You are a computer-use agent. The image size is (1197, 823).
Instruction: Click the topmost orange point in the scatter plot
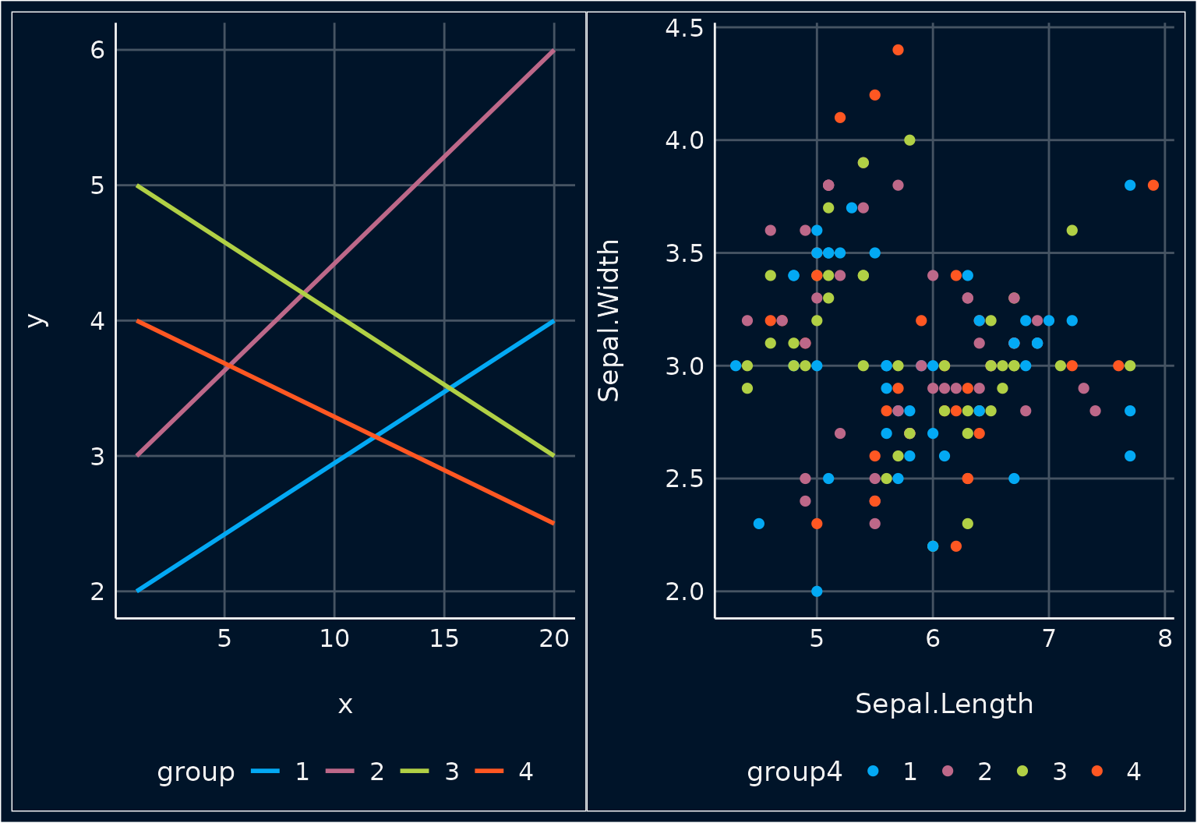(898, 50)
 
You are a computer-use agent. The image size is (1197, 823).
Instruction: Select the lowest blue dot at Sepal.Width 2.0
(817, 592)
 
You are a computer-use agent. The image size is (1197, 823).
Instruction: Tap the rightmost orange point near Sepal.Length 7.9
(1153, 185)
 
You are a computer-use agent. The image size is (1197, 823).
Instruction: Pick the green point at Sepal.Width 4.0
(909, 140)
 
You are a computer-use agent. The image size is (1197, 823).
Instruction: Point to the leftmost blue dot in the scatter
(736, 366)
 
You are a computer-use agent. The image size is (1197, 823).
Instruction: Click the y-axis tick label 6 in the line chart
(97, 50)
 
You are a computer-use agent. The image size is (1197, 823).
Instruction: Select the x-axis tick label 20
(554, 639)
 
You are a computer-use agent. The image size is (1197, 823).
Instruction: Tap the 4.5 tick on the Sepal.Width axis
(684, 28)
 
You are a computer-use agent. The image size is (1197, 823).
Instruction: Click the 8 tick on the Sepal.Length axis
(1165, 639)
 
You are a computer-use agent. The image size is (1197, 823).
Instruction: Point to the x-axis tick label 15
(444, 639)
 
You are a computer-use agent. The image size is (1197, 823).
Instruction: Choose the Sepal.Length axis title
(944, 704)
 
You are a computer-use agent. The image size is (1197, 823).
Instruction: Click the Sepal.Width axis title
(609, 320)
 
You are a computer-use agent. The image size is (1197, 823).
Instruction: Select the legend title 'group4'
(794, 772)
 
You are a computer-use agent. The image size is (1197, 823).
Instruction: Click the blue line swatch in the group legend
(265, 772)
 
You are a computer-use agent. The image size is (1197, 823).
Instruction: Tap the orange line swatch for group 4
(489, 772)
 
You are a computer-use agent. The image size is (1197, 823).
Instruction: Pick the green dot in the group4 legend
(1022, 772)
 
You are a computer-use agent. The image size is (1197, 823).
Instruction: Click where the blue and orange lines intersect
(376, 437)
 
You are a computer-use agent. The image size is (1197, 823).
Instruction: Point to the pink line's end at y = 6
(553, 51)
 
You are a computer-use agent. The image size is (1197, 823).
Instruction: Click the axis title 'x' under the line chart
(345, 705)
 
